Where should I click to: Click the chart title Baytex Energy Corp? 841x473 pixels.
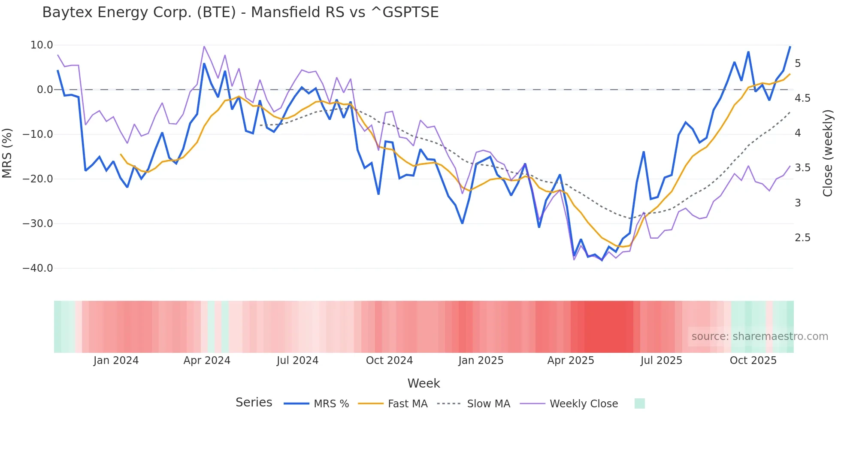[x=240, y=12]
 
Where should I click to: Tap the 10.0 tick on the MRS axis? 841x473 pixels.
[x=42, y=45]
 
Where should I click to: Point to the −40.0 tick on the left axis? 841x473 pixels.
[x=38, y=268]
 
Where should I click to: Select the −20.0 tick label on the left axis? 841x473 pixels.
[x=38, y=179]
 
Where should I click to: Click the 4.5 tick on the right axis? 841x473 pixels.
[x=802, y=98]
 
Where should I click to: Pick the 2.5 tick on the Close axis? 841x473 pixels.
[x=802, y=238]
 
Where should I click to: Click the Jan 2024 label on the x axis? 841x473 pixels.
[x=116, y=361]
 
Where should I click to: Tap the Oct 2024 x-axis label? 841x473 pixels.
[x=389, y=361]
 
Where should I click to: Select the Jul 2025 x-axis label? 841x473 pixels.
[x=661, y=361]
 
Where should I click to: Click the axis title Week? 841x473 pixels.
[x=424, y=383]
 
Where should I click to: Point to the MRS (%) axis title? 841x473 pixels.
[x=7, y=153]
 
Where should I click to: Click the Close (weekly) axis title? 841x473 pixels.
[x=828, y=153]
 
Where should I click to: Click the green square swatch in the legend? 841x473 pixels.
[x=639, y=403]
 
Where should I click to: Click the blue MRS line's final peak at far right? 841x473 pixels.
[x=790, y=46]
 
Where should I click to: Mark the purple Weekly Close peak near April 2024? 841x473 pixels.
[x=204, y=46]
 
